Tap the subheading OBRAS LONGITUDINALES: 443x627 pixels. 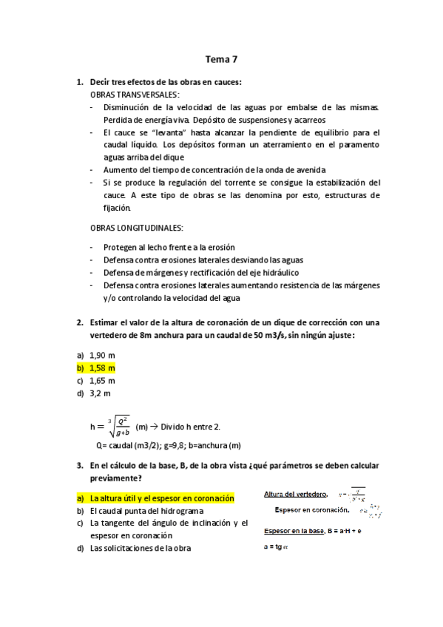[137, 227]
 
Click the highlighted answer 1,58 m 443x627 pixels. [102, 367]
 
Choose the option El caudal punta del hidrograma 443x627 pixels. [146, 510]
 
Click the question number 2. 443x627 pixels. [79, 322]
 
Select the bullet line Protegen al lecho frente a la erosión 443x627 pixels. [169, 247]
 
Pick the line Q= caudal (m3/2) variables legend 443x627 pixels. [169, 445]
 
